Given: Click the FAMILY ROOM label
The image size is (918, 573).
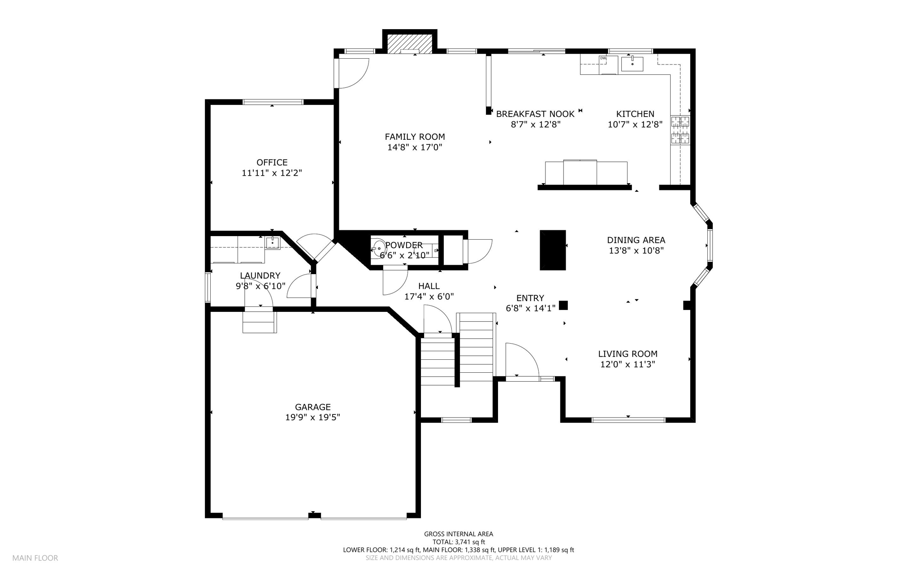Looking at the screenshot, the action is pyautogui.click(x=415, y=137).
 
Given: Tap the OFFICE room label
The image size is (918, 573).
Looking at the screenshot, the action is pyautogui.click(x=272, y=162).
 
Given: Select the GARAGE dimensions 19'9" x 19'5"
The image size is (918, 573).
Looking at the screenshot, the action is pyautogui.click(x=313, y=418).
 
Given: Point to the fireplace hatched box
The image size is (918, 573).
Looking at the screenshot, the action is pyautogui.click(x=410, y=44).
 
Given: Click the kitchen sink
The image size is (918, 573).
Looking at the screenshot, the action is pyautogui.click(x=632, y=64).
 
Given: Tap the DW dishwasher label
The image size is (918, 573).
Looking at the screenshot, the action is pyautogui.click(x=603, y=58).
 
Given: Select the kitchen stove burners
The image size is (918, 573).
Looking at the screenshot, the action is pyautogui.click(x=680, y=130).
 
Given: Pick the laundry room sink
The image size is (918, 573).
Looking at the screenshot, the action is pyautogui.click(x=273, y=243).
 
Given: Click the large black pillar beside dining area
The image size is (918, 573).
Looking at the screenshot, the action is pyautogui.click(x=553, y=250).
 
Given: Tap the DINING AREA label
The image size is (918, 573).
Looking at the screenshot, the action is pyautogui.click(x=636, y=240).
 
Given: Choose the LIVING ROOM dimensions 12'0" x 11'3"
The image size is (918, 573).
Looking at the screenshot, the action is pyautogui.click(x=628, y=365).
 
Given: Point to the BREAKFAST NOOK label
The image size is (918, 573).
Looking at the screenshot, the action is pyautogui.click(x=535, y=114).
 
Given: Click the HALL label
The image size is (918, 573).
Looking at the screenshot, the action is pyautogui.click(x=429, y=286).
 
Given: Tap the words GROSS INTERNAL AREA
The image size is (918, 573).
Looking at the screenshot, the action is pyautogui.click(x=459, y=534).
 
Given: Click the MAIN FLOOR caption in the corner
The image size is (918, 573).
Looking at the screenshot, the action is pyautogui.click(x=35, y=558).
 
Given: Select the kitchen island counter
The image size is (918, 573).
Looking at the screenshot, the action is pyautogui.click(x=586, y=172).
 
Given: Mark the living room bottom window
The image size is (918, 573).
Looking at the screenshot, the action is pyautogui.click(x=628, y=420).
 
